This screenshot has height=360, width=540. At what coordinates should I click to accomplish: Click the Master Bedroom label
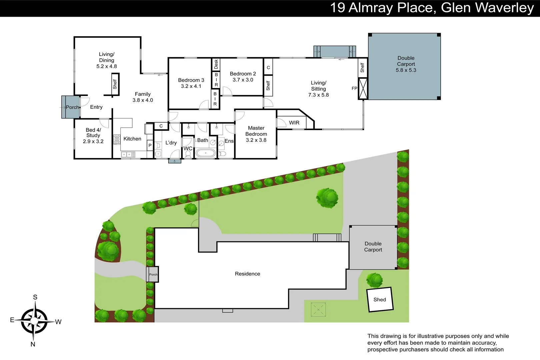[x=256, y=131]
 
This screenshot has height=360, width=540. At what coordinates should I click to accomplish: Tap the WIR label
[x=294, y=123]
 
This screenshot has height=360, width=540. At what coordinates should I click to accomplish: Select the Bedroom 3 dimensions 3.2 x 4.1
[x=191, y=86]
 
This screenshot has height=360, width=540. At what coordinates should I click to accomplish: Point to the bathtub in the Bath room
[x=205, y=153]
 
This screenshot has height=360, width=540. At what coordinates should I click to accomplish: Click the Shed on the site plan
[x=380, y=300]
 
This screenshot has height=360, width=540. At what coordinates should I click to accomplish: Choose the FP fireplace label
[x=354, y=88]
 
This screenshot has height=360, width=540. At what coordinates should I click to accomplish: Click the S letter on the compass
[x=35, y=297]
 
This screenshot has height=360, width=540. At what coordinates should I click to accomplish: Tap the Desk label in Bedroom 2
[x=216, y=64]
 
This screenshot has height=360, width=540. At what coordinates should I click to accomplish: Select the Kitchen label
[x=132, y=139]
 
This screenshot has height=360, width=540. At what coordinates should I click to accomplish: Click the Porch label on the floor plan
[x=72, y=107]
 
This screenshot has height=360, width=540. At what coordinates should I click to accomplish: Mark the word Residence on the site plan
[x=247, y=274]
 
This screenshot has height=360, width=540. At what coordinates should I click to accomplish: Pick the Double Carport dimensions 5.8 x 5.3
[x=406, y=70]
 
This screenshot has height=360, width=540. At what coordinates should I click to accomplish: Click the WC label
[x=188, y=148]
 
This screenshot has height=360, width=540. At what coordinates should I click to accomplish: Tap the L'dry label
[x=171, y=143]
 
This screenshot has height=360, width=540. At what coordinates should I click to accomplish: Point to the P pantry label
[x=150, y=145]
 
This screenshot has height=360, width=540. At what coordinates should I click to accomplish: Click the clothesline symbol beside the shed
[x=318, y=310]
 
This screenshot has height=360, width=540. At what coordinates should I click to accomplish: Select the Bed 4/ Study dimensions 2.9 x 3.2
[x=93, y=141]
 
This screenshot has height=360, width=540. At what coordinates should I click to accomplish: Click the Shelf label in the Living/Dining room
[x=115, y=84]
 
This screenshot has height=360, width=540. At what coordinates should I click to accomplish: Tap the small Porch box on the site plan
[x=153, y=274]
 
